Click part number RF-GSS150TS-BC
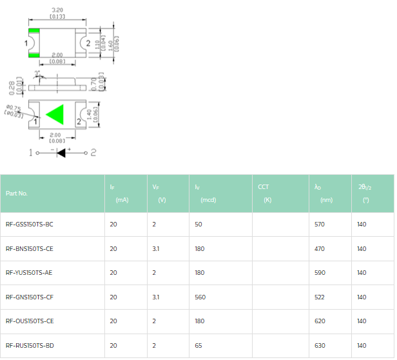point(29,225)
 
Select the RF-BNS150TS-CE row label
point(29,248)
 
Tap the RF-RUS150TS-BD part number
point(29,345)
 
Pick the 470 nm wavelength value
point(319,248)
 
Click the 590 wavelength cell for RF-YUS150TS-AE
point(319,273)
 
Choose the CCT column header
point(264,187)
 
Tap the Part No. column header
point(17,193)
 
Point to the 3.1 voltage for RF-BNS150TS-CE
point(155,248)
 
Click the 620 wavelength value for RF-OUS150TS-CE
point(319,321)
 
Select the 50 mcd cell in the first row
point(198,225)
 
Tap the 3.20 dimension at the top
point(57,10)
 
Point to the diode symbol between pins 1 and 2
point(63,153)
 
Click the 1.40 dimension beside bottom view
point(95,115)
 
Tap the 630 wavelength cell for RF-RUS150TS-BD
point(319,345)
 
